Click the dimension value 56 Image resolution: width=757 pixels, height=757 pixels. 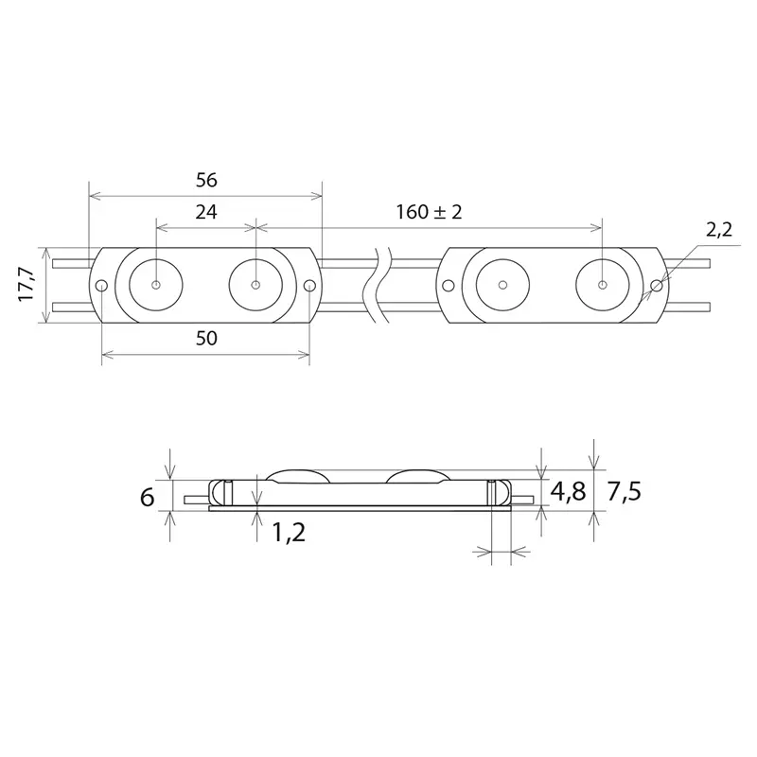click(204, 179)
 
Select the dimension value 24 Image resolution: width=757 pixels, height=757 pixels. click(205, 213)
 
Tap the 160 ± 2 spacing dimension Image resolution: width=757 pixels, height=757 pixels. click(430, 213)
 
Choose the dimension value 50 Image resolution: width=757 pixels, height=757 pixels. click(205, 339)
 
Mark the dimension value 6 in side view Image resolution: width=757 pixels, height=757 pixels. click(148, 497)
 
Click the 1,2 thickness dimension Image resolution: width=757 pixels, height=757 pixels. click(288, 533)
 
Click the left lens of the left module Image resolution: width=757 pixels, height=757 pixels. click(155, 284)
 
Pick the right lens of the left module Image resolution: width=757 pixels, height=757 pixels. click(256, 284)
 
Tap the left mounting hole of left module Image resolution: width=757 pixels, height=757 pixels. click(101, 286)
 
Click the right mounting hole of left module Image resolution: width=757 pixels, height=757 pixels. click(309, 286)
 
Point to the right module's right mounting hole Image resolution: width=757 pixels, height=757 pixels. click(657, 285)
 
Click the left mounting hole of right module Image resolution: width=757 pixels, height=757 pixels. click(449, 285)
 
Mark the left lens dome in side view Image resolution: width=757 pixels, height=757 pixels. click(298, 475)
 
